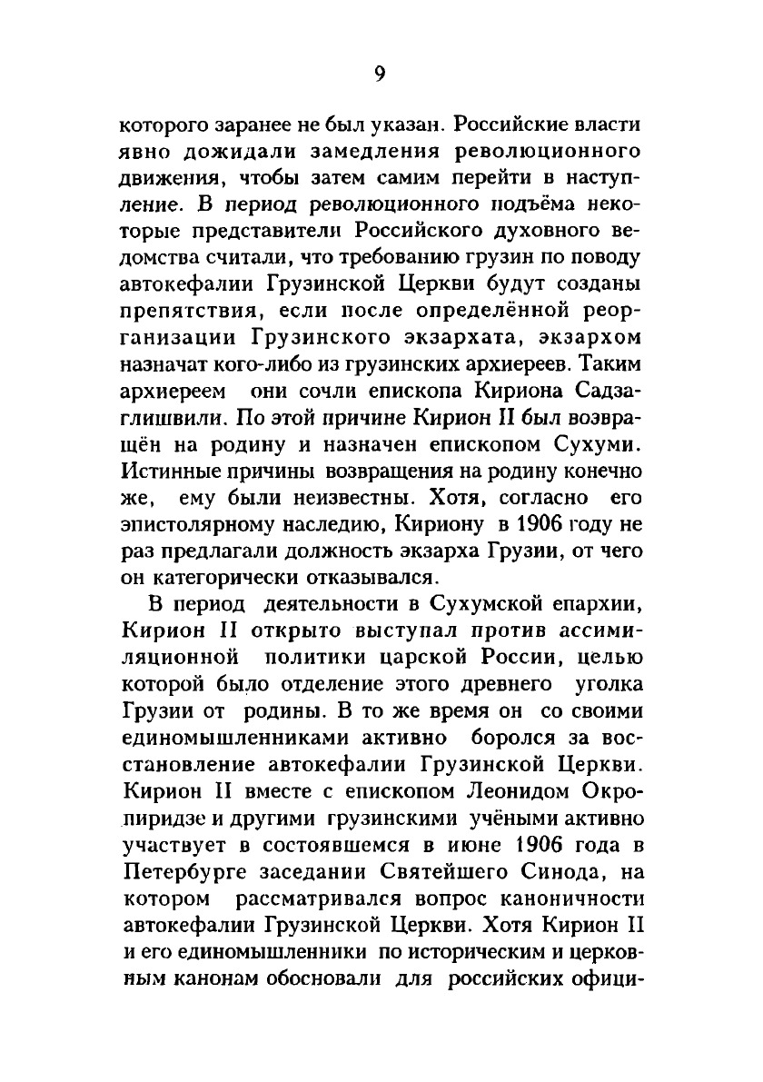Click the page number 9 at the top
pyautogui.click(x=381, y=75)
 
